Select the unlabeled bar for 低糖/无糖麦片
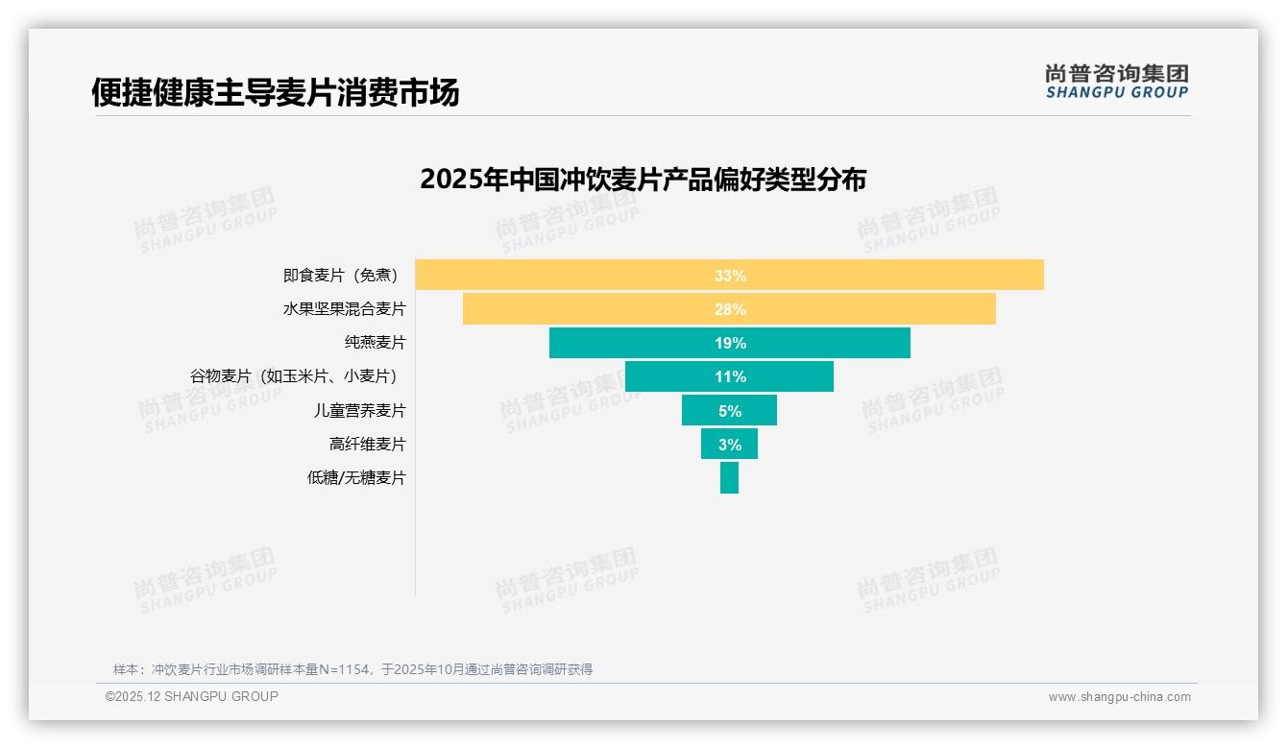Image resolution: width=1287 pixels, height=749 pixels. point(729,477)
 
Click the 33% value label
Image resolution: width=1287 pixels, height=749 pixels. point(730,276)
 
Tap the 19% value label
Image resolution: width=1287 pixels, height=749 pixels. point(730,343)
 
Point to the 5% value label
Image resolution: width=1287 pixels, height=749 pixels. point(730,411)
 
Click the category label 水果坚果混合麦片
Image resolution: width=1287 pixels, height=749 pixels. point(344,309)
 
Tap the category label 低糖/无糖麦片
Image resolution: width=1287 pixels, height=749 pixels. point(356,477)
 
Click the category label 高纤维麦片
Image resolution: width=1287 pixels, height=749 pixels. point(367,444)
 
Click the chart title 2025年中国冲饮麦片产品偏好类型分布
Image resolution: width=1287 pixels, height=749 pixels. point(643,180)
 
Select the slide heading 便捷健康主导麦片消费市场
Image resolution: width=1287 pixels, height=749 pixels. point(276,92)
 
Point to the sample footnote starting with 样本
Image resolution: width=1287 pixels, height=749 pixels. point(352,669)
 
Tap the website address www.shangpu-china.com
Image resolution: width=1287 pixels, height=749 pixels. point(1119,697)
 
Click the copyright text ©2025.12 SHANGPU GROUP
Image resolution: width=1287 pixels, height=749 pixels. point(192,696)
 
